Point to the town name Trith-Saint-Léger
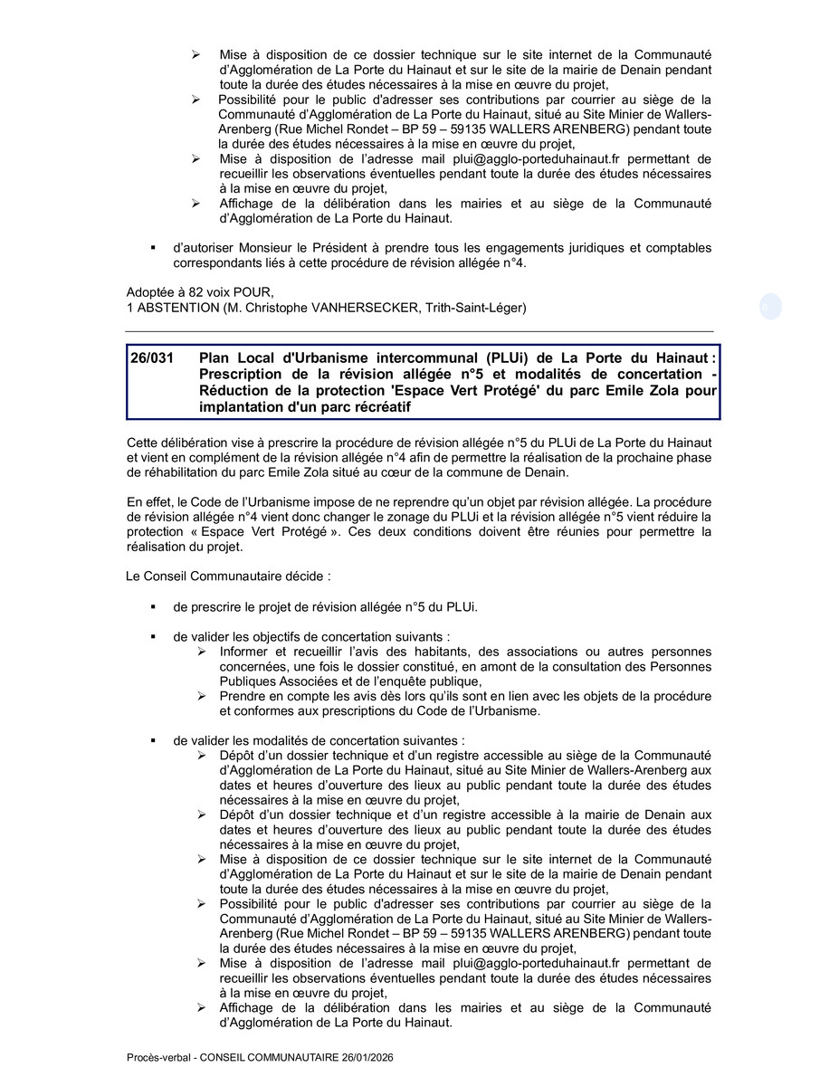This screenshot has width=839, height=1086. (x=474, y=308)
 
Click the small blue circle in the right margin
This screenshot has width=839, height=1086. (x=770, y=307)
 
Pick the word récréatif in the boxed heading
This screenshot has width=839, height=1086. (x=379, y=407)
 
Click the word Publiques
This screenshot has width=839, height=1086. (x=249, y=681)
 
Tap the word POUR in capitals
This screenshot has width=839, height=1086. (x=253, y=292)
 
